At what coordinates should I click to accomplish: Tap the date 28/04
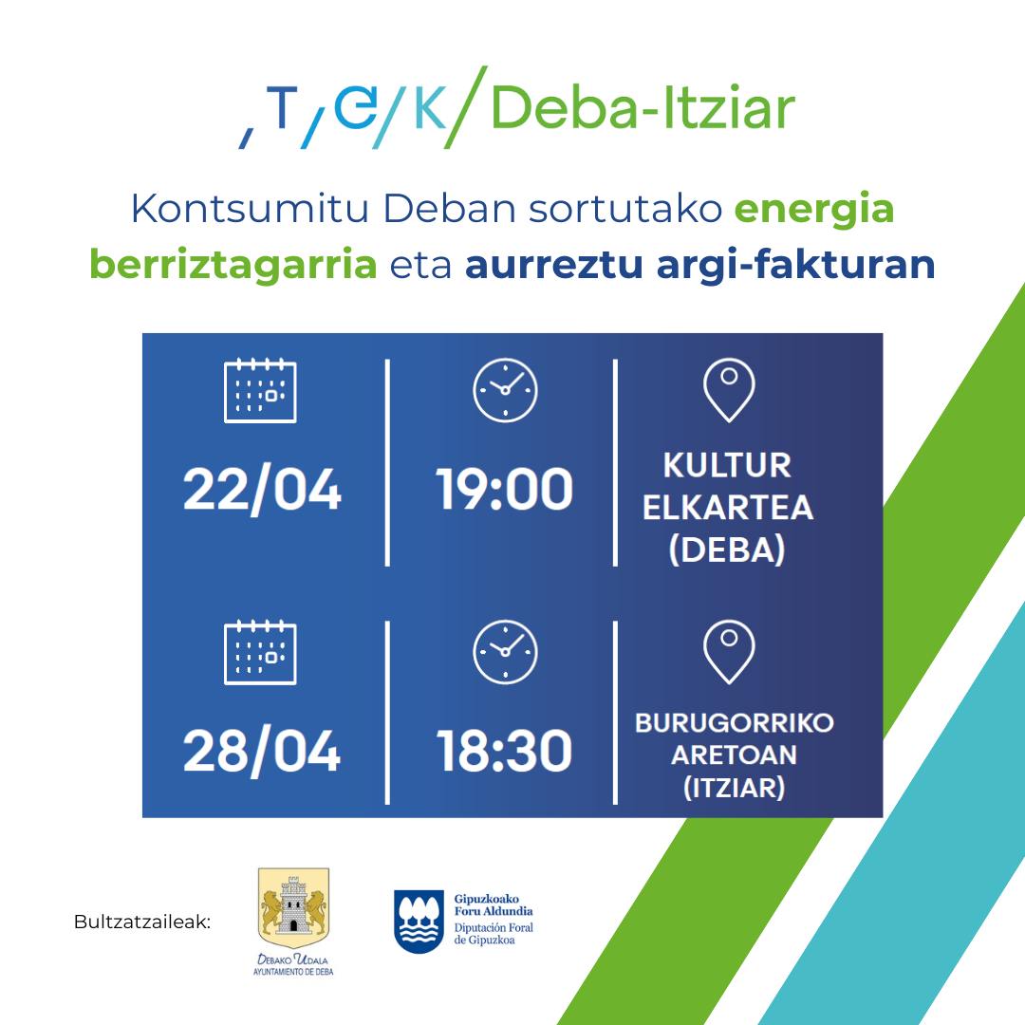pos(262,752)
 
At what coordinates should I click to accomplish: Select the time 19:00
pos(504,489)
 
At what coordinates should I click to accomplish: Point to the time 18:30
pos(504,751)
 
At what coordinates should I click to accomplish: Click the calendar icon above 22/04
pos(260,390)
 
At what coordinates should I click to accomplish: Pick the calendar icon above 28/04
pos(260,652)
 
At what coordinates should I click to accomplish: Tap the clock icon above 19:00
pos(505,390)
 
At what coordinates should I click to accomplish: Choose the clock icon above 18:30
pos(505,652)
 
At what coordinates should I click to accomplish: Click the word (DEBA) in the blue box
pos(727,550)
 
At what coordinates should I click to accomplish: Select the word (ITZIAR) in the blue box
pos(734,788)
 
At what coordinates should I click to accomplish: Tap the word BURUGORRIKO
pos(734,723)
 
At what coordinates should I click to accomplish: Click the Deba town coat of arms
pos(293,903)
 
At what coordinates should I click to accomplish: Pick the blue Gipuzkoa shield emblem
pos(419,921)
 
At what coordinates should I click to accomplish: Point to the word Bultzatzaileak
pos(142,922)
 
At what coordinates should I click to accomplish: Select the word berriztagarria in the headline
pos(233,266)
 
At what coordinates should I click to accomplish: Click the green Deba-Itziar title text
pos(643,108)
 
